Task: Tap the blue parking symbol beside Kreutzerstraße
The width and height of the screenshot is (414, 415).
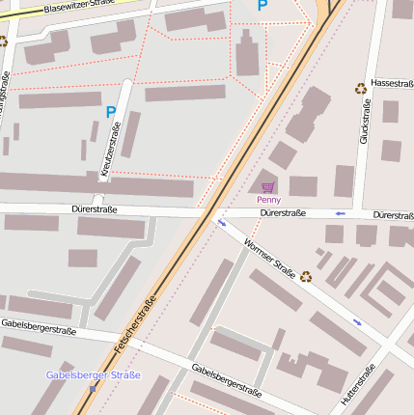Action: pos(111,113)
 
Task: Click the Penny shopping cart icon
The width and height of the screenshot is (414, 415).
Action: pos(267,186)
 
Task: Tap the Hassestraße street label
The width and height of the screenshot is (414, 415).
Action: pos(391,84)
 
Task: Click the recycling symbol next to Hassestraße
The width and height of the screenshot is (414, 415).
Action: pos(361,88)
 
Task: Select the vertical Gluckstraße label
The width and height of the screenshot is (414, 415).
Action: pos(364,125)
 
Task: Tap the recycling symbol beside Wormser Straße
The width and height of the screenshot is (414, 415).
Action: pos(306,276)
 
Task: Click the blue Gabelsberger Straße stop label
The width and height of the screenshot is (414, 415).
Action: pos(93,374)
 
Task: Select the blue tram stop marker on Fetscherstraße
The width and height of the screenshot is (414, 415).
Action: pos(93,388)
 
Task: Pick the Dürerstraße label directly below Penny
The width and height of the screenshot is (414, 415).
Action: pos(283,213)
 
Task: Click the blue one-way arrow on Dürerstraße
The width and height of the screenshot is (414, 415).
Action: pos(340,213)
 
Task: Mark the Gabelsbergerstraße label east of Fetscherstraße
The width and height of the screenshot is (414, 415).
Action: pos(227,382)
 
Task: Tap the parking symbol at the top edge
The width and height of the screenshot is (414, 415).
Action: pos(262,6)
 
